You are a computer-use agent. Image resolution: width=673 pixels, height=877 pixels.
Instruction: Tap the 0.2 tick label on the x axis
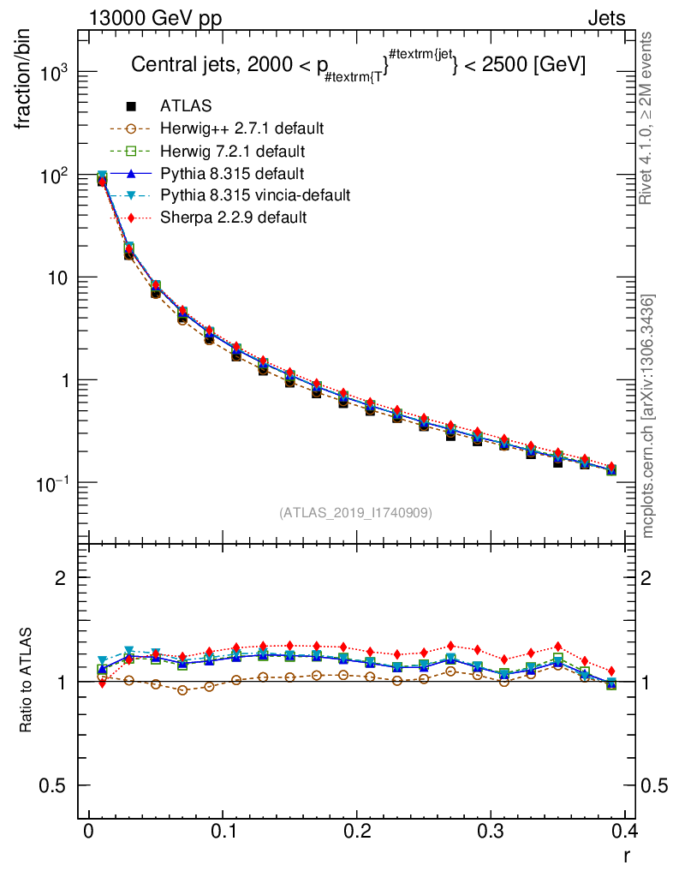[x=357, y=832]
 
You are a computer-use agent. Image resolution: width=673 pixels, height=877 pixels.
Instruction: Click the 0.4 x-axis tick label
[x=624, y=832]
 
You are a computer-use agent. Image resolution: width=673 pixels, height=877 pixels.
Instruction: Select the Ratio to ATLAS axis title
[x=25, y=681]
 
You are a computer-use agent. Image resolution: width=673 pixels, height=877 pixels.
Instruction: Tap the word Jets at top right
[x=605, y=18]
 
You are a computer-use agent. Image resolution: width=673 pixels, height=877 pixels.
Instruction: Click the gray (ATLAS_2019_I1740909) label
[x=355, y=513]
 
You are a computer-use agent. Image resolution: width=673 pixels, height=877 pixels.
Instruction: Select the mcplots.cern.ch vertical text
[x=648, y=416]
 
